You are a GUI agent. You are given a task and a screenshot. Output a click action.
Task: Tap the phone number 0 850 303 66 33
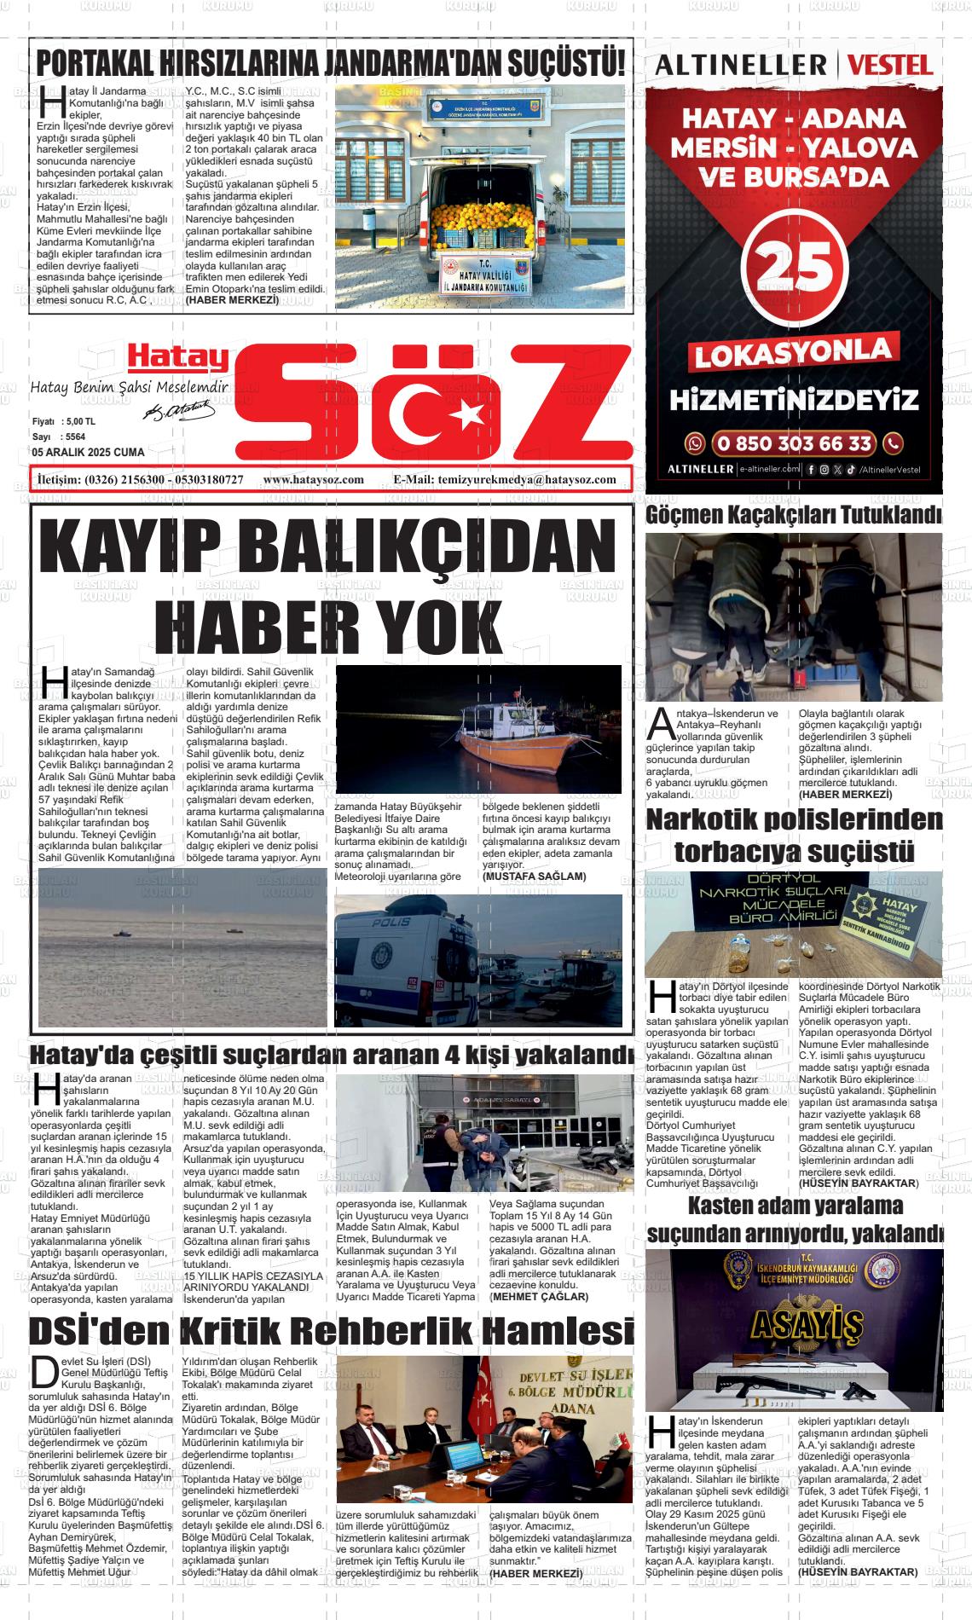[793, 443]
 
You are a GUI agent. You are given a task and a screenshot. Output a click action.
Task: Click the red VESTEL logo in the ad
[890, 65]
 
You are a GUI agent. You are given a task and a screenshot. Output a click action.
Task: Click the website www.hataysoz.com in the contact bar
[314, 479]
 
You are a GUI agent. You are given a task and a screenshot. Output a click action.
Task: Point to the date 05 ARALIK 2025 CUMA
[88, 453]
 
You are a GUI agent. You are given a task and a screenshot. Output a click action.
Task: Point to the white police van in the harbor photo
[408, 963]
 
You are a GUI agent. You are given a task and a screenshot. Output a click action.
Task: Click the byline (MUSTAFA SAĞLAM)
[534, 877]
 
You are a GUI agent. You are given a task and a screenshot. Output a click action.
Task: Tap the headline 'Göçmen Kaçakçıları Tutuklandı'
[794, 516]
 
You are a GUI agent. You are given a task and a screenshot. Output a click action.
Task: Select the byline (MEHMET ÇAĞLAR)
[539, 1297]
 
